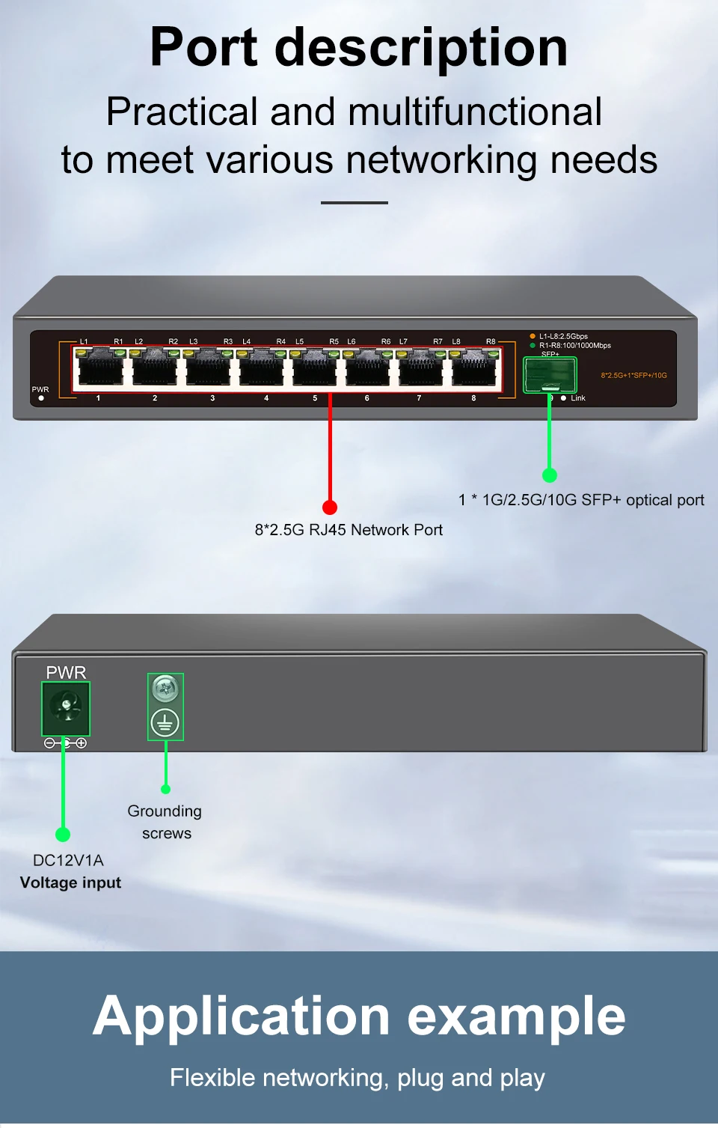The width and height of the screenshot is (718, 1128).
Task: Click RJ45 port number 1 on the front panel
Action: tap(101, 369)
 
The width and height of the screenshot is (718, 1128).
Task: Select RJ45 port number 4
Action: tap(262, 369)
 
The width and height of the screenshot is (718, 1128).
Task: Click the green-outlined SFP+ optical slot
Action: tap(550, 374)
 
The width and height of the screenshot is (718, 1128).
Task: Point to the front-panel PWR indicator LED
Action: tap(41, 398)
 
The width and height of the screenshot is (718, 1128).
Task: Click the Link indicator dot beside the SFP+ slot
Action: tap(563, 398)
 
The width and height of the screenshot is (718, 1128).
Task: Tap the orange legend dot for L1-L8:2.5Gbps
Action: tap(533, 336)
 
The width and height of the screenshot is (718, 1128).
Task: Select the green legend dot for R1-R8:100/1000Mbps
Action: tap(533, 345)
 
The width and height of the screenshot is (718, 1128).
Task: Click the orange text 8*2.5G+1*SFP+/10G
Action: tap(633, 375)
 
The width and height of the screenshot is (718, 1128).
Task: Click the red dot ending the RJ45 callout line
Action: tap(330, 507)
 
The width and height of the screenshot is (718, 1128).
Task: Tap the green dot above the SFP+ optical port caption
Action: tap(550, 475)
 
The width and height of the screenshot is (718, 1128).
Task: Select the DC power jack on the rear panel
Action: tap(66, 708)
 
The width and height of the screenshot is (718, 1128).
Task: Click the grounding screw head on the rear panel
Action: tap(165, 687)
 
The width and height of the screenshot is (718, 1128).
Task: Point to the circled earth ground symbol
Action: tap(165, 723)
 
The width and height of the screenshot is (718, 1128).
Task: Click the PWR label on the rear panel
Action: tap(66, 672)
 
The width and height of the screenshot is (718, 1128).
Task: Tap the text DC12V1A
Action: tap(68, 860)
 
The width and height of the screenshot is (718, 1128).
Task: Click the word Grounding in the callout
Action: tap(165, 811)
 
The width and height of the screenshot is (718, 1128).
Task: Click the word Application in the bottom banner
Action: tap(242, 1016)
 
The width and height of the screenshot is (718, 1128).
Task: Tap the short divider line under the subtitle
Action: tap(355, 202)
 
